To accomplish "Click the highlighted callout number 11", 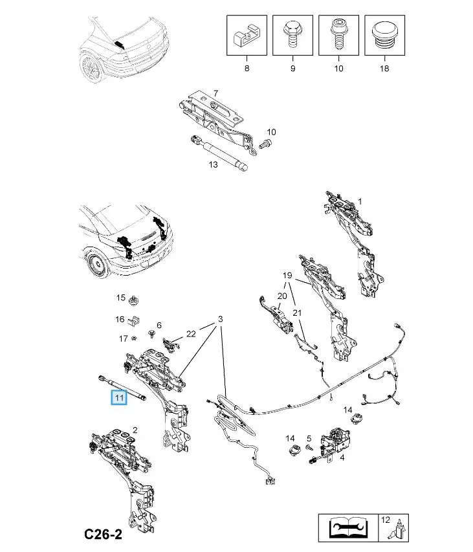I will point(118,397).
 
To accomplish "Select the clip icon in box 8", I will point(246,36).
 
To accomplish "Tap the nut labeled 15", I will point(135,300).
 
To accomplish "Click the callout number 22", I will point(190,333).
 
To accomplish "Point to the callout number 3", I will point(220,319).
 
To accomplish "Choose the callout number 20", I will point(281,296).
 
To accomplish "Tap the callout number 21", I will point(297,313).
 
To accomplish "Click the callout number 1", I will point(360,201).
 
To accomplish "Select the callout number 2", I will point(135,430).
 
